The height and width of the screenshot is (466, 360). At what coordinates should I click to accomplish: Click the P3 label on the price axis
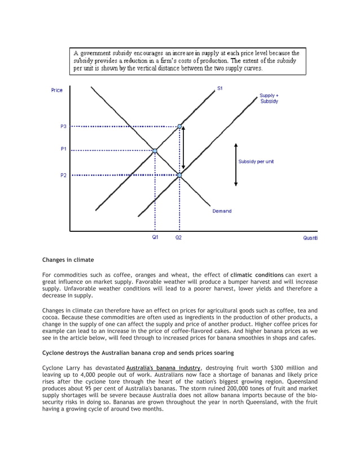(x=64, y=126)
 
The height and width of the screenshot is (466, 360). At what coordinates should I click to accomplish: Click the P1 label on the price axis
(x=64, y=150)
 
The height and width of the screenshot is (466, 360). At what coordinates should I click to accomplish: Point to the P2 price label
(x=64, y=175)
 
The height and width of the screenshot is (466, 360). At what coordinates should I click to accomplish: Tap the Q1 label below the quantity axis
(x=155, y=238)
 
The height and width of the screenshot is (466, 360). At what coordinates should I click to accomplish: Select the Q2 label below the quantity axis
(x=178, y=238)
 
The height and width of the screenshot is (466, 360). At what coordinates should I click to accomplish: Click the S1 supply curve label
(x=220, y=89)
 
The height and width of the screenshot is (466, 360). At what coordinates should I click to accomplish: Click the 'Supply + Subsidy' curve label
(x=269, y=98)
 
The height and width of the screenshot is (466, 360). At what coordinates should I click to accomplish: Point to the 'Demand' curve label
(x=222, y=211)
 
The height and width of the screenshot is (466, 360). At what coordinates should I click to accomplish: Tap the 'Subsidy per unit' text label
(x=256, y=161)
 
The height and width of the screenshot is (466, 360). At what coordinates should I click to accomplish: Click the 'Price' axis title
(x=57, y=90)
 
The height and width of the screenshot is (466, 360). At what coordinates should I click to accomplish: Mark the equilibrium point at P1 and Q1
(x=155, y=151)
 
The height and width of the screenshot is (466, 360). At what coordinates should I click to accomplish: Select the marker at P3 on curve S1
(x=179, y=126)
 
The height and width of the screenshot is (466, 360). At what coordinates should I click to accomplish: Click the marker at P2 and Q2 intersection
(x=179, y=175)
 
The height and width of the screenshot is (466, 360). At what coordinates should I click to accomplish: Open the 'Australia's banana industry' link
(x=163, y=368)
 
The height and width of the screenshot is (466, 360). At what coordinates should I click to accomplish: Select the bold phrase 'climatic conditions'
(x=257, y=275)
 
